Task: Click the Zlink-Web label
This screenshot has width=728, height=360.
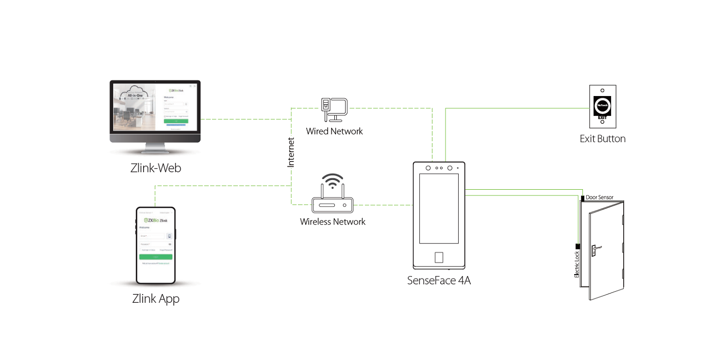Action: (x=155, y=168)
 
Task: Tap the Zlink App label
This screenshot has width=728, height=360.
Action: (x=156, y=298)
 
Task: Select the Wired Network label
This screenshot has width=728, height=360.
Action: (x=334, y=131)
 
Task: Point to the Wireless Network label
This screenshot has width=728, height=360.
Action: (x=332, y=222)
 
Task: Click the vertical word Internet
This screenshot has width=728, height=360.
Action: (x=291, y=152)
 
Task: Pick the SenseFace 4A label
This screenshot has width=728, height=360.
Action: (x=439, y=280)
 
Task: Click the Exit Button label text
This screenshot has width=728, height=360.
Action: (x=602, y=139)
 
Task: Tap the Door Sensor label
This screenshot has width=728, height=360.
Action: (x=599, y=197)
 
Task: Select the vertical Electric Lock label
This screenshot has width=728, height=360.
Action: (x=577, y=263)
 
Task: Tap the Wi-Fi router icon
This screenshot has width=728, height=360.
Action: (x=332, y=204)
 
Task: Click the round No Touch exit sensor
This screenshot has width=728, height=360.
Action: (x=602, y=104)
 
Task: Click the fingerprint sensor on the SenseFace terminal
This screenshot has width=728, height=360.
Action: (x=439, y=257)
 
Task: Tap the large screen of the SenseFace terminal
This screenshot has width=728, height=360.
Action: (x=439, y=209)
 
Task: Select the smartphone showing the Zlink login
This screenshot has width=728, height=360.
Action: (x=155, y=245)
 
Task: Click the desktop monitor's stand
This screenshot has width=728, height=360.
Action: (x=155, y=147)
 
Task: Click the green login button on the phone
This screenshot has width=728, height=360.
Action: (x=155, y=257)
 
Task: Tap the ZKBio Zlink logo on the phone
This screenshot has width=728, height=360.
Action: (x=155, y=220)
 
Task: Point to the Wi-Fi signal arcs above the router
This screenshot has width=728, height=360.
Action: (x=332, y=180)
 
